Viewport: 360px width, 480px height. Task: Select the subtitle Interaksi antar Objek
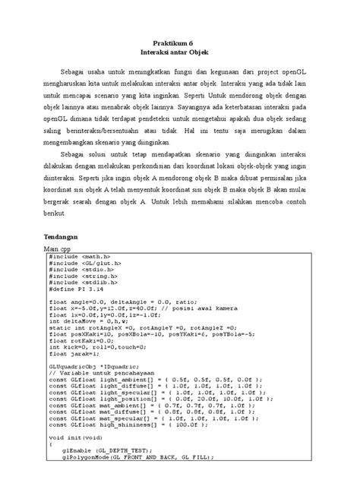(180, 55)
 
